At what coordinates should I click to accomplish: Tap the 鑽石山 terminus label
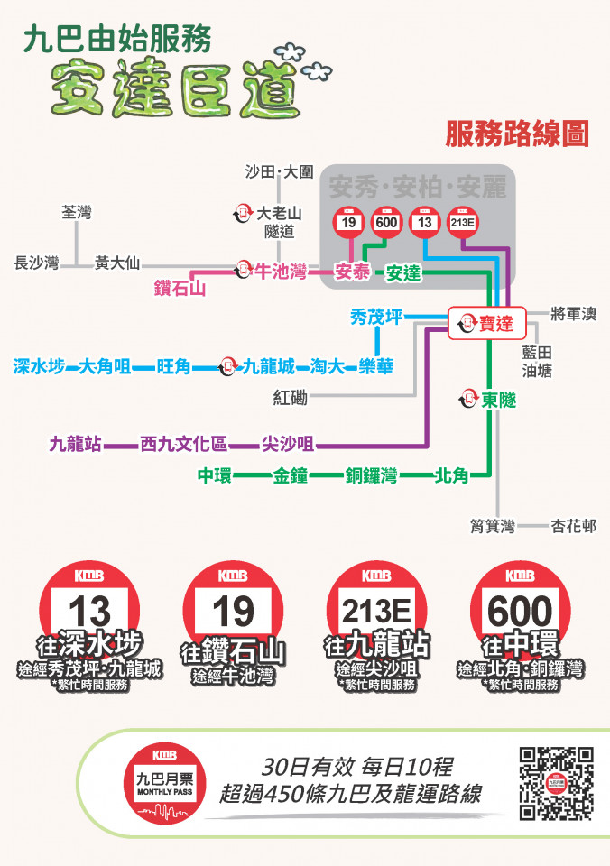coord(180,289)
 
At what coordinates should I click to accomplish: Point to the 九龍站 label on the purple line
coord(76,444)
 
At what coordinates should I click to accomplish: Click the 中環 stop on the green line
coord(215,475)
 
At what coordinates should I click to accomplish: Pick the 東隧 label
coord(497,399)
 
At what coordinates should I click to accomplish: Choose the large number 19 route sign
coord(233,611)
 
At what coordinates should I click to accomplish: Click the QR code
coord(556,784)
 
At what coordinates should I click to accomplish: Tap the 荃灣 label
coord(77,213)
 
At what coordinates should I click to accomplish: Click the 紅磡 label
coord(291,397)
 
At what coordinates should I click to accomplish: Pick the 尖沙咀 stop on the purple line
coord(288,444)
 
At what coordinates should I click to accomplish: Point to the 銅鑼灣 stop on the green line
coord(371,475)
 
